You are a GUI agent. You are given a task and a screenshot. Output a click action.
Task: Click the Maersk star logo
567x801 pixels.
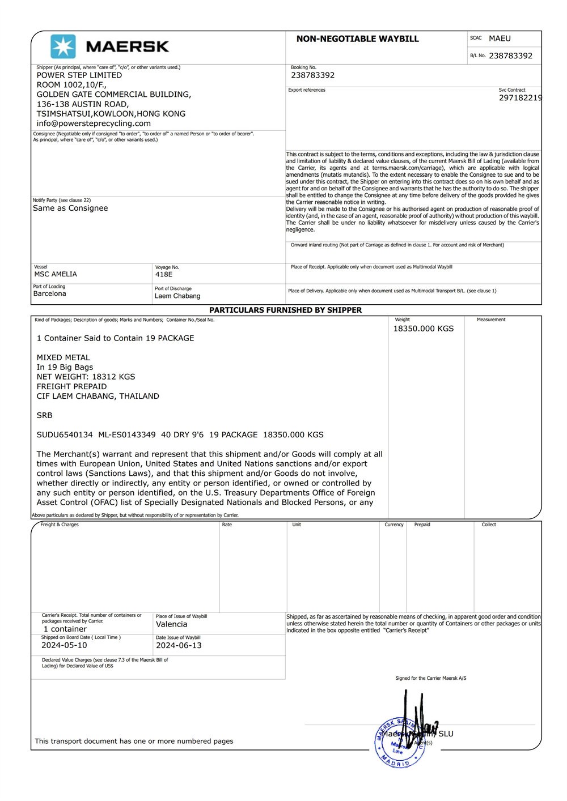tap(63, 46)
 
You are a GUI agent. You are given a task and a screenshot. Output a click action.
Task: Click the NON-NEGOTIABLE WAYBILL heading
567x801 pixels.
tap(357, 39)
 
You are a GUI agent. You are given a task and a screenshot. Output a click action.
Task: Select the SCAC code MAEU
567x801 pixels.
tap(500, 39)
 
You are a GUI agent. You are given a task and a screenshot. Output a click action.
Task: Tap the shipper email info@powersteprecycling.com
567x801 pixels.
tap(94, 123)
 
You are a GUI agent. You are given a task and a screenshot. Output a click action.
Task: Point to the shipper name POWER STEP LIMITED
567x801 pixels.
tap(79, 75)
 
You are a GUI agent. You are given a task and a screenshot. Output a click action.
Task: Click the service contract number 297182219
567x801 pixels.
tap(520, 98)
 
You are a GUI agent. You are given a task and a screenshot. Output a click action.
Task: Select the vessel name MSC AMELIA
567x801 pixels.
tap(56, 274)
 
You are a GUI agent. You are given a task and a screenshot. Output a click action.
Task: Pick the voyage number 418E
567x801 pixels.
tap(164, 275)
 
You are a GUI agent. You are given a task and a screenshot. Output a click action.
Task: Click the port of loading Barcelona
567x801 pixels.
tap(49, 294)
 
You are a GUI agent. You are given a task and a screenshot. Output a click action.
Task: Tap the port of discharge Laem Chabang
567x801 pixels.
tap(177, 296)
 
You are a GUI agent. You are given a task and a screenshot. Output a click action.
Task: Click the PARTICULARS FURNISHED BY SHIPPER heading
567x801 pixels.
tap(285, 310)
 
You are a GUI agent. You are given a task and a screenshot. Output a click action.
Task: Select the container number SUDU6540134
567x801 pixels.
tap(65, 435)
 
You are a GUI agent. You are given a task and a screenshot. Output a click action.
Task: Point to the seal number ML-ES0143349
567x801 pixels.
tap(127, 435)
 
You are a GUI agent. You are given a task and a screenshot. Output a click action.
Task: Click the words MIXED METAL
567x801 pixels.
tap(64, 358)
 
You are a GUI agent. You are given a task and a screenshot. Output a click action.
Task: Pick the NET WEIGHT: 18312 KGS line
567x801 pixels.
tap(86, 377)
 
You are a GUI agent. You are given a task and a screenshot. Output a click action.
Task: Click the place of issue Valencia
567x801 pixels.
tap(171, 625)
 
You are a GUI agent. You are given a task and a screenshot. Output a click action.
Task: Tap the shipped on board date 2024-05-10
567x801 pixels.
tap(64, 646)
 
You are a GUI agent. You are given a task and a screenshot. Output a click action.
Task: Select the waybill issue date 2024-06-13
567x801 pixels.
tap(179, 646)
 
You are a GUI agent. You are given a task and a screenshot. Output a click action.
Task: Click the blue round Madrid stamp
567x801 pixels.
tap(399, 742)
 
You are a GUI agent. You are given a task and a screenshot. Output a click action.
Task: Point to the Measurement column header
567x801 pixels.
tap(491, 320)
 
